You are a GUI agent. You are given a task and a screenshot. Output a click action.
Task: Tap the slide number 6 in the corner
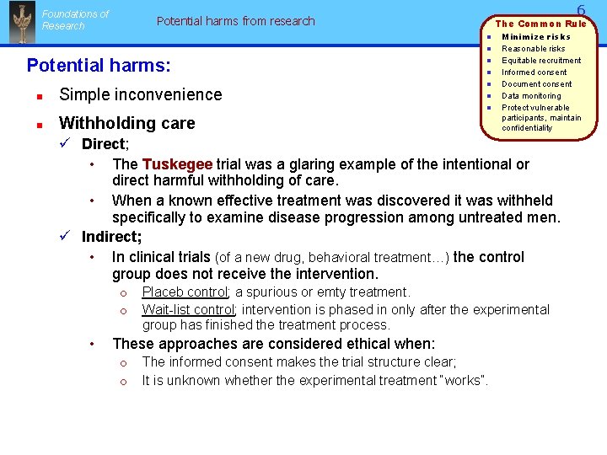581,10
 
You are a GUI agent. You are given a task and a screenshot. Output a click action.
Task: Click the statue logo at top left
21,23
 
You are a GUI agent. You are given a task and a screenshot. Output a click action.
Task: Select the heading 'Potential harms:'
99,65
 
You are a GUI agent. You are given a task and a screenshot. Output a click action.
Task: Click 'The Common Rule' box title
540,24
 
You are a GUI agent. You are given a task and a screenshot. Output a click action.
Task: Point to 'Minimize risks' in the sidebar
535,36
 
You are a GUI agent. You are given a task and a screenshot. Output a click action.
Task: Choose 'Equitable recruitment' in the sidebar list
541,60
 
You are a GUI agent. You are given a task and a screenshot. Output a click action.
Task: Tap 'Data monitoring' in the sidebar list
531,95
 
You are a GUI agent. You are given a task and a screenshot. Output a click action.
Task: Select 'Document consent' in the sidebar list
536,83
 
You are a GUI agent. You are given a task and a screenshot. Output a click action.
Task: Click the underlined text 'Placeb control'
185,292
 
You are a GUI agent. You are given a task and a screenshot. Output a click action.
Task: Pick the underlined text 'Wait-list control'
188,310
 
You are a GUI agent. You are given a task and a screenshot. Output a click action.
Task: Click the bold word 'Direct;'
105,144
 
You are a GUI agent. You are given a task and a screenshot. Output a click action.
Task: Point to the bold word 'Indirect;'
111,238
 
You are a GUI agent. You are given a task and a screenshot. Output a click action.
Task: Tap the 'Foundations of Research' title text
75,19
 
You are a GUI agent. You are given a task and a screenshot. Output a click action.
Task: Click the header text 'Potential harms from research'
235,21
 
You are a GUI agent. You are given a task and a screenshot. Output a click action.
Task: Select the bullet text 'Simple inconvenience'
141,94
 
